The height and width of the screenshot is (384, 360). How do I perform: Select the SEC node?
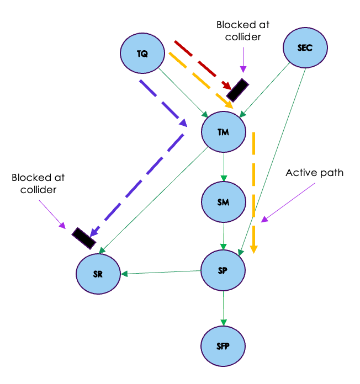click(x=305, y=48)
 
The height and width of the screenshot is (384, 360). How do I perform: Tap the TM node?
click(x=223, y=133)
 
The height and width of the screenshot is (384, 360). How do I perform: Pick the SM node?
click(x=223, y=202)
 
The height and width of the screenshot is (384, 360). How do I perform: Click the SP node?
click(x=223, y=270)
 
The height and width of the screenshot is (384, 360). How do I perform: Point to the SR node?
click(x=98, y=274)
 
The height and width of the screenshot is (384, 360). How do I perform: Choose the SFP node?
click(x=223, y=346)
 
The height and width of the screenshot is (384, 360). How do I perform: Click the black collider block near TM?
click(x=237, y=90)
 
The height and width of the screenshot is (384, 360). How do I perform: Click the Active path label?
click(x=314, y=173)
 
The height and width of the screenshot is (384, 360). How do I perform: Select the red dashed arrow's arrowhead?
click(x=227, y=86)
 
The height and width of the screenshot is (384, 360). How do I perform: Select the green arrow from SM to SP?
click(x=224, y=236)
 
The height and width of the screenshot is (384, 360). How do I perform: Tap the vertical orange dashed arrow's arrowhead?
click(x=254, y=248)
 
